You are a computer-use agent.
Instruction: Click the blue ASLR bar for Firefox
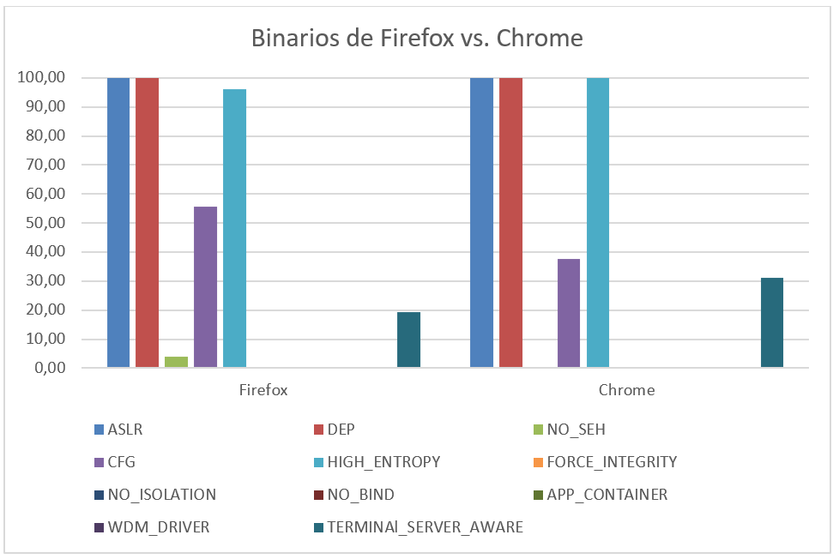[x=118, y=223]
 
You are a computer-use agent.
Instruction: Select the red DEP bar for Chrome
[x=510, y=223]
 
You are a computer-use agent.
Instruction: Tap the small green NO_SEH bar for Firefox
[x=176, y=362]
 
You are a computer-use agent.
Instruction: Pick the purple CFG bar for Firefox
[x=205, y=287]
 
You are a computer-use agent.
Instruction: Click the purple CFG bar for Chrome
[x=569, y=314]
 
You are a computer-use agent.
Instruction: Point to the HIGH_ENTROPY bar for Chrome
[x=598, y=223]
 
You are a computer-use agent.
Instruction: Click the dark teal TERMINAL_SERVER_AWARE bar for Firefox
[x=408, y=340]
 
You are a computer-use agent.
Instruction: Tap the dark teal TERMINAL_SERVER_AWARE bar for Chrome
[x=772, y=323]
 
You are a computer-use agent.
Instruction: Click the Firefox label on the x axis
[x=263, y=390]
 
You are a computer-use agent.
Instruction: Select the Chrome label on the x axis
[x=626, y=390]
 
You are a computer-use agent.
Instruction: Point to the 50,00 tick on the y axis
[x=42, y=223]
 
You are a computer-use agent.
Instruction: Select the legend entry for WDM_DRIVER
[x=158, y=527]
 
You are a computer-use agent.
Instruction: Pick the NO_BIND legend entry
[x=359, y=495]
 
